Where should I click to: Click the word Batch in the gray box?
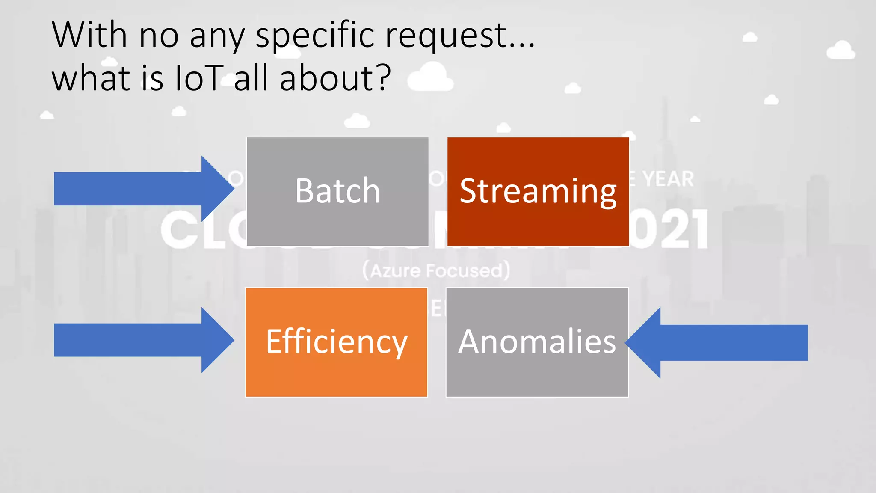pos(337,191)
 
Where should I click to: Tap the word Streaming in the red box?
pos(538,192)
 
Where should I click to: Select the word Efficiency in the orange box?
pos(337,342)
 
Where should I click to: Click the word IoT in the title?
pos(199,78)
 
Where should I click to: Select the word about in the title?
pos(327,78)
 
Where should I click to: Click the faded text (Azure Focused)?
pos(436,271)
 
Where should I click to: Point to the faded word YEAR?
pos(668,179)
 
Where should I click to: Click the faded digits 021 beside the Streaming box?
pos(670,230)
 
